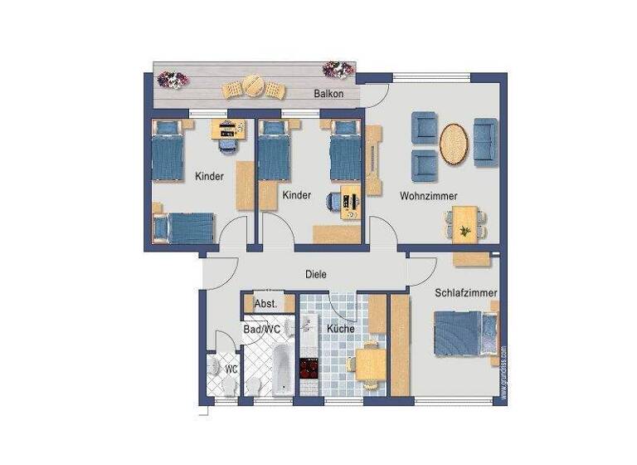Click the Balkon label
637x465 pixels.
coord(328,94)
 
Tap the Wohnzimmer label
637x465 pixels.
coord(429,196)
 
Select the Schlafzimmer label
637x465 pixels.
coord(465,292)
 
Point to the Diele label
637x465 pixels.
coord(316,274)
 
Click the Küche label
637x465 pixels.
coord(340,329)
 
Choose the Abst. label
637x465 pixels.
coord(265,304)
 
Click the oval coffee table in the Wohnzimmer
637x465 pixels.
coord(454,143)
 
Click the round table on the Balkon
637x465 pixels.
coord(252,86)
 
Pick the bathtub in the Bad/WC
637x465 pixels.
coord(282,370)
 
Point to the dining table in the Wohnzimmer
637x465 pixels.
coord(466,222)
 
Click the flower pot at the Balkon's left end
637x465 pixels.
coord(173,81)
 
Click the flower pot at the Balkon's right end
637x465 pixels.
coord(338,69)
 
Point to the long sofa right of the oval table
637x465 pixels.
coord(485,141)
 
